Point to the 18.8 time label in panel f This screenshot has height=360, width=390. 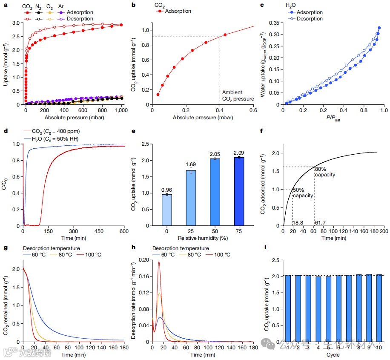pos(298,222)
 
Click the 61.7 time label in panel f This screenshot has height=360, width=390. pos(320,222)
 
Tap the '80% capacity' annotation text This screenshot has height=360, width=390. pos(325,172)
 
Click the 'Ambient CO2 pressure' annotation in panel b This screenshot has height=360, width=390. pos(238,96)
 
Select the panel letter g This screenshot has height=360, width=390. pos(5,248)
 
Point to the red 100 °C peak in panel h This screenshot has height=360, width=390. pos(159,262)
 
